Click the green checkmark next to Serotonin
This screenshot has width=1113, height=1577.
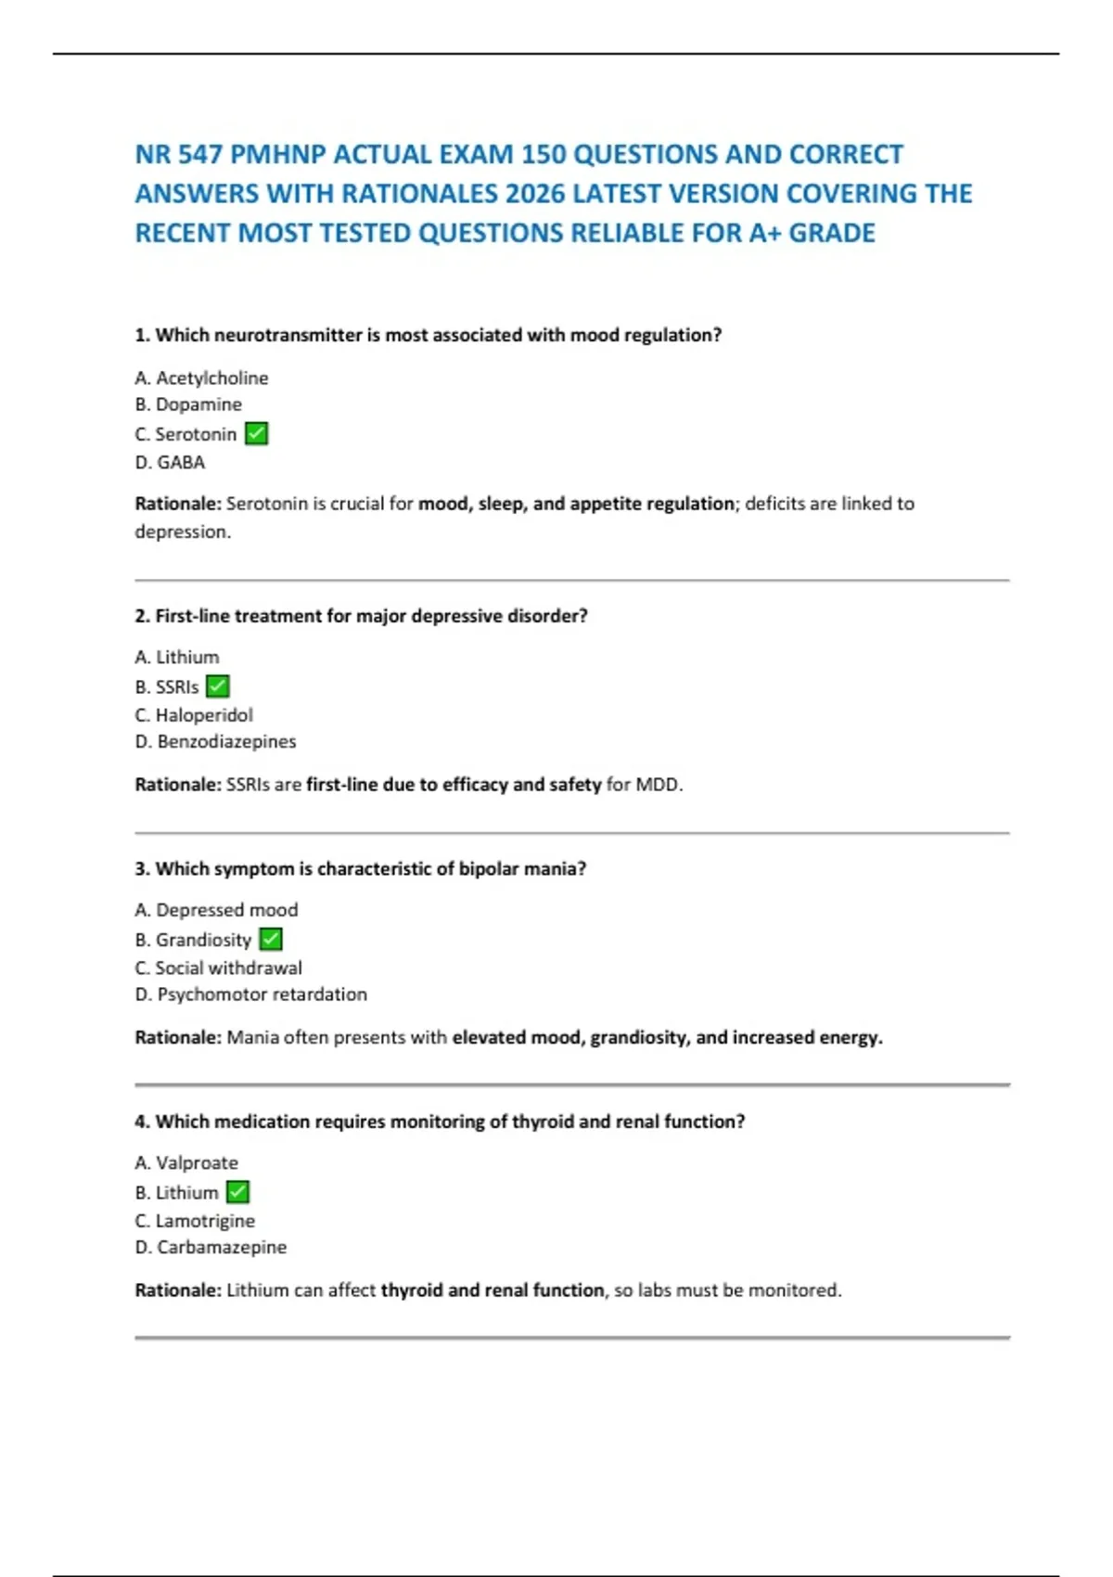tap(256, 433)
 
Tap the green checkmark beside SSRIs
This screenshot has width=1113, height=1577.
tap(218, 686)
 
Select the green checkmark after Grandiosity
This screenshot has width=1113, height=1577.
tap(271, 939)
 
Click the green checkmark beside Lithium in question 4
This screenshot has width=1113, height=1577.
tap(238, 1192)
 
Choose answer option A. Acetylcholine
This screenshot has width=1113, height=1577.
tap(201, 378)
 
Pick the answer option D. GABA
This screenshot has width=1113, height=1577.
tap(170, 462)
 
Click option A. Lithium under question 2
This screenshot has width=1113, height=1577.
tap(177, 657)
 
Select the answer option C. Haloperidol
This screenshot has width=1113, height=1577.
tap(194, 715)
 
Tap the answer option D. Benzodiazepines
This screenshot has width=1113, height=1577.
tap(215, 741)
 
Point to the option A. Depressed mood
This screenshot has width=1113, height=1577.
tap(216, 910)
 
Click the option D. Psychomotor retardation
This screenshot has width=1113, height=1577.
tap(250, 994)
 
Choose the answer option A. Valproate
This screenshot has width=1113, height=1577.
tap(186, 1162)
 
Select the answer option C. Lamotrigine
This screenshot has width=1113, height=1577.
tap(195, 1221)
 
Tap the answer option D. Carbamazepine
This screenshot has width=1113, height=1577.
tap(211, 1247)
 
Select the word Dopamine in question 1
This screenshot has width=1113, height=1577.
tap(198, 404)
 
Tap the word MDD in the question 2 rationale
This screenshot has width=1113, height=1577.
tap(658, 785)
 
